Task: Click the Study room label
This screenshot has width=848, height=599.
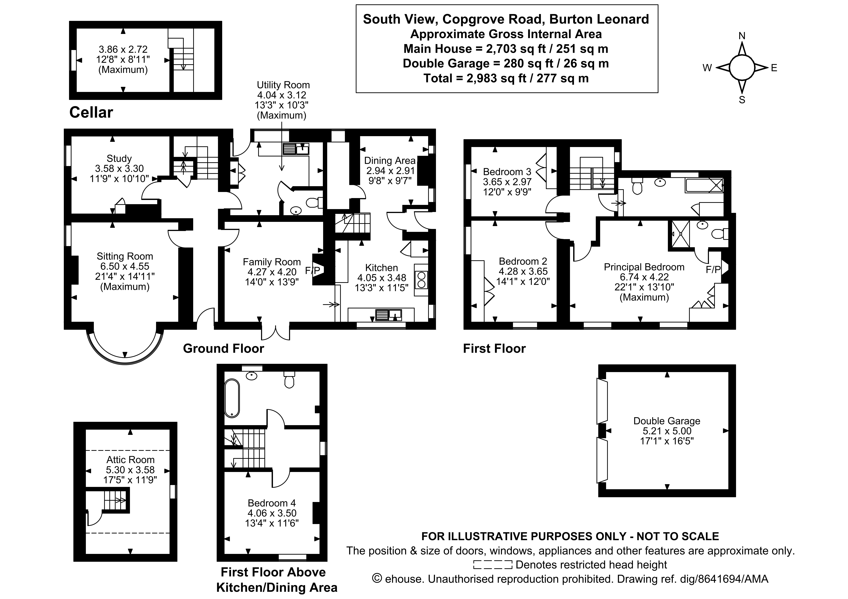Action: tap(119, 158)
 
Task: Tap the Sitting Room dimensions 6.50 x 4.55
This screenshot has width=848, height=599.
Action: tap(125, 266)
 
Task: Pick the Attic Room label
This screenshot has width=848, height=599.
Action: tap(130, 460)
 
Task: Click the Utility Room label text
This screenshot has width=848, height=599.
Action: tap(283, 85)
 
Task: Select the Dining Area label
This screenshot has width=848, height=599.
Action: tap(390, 161)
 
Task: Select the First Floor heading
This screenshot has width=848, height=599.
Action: tap(494, 349)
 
